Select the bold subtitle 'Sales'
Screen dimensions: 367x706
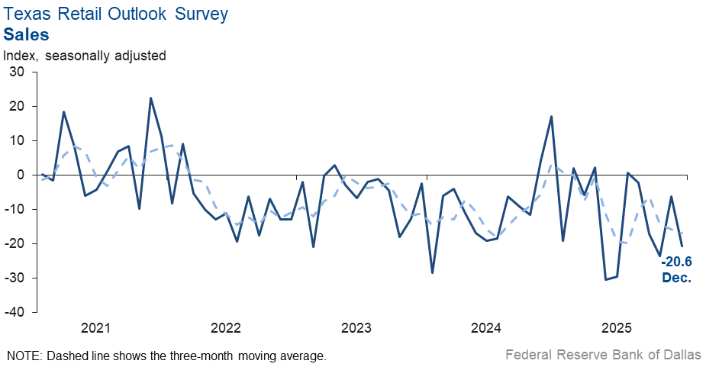[27, 34]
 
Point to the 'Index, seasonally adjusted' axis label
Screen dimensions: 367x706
[85, 56]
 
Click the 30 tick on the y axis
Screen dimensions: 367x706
[17, 72]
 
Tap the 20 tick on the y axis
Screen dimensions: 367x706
[17, 106]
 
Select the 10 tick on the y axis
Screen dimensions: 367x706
[17, 140]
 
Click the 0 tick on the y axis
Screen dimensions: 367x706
[21, 175]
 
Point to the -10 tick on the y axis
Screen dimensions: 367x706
[15, 209]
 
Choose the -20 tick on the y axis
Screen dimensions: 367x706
[15, 243]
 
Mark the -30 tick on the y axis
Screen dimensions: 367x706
[15, 278]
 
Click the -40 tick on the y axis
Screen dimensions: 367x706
[15, 312]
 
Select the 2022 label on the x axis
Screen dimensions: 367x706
[226, 329]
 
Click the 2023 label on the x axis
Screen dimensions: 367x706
[356, 329]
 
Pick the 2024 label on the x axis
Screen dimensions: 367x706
[486, 329]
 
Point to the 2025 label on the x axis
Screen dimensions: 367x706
[617, 329]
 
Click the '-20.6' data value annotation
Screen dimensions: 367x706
[676, 263]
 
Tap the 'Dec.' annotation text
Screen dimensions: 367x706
[676, 278]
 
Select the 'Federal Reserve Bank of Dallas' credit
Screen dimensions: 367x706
[602, 355]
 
